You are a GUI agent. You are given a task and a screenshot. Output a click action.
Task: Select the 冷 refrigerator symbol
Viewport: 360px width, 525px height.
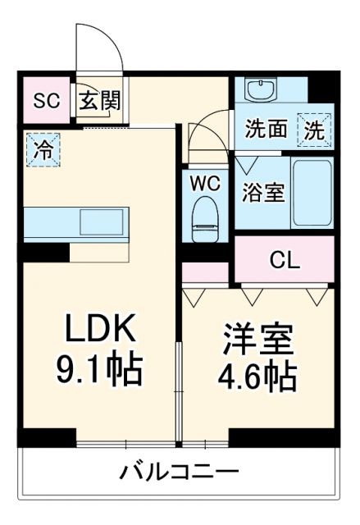pyautogui.click(x=42, y=149)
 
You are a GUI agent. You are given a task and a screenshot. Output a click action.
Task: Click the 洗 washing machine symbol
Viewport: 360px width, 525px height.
pyautogui.click(x=315, y=129)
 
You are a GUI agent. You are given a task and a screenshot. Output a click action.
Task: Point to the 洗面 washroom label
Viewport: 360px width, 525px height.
pyautogui.click(x=266, y=130)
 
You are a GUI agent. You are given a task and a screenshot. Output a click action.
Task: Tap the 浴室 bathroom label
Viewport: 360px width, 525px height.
pyautogui.click(x=263, y=194)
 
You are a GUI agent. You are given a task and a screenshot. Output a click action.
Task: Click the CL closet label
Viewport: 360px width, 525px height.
pyautogui.click(x=285, y=260)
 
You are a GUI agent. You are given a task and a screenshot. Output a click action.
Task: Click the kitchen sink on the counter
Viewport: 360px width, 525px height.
pyautogui.click(x=101, y=221)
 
